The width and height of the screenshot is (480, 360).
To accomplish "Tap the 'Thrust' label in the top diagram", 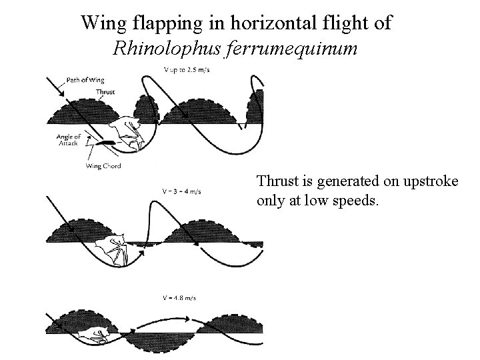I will (105, 92).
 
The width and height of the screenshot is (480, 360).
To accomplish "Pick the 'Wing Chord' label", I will (104, 166).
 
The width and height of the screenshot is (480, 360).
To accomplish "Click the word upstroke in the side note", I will (431, 181).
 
